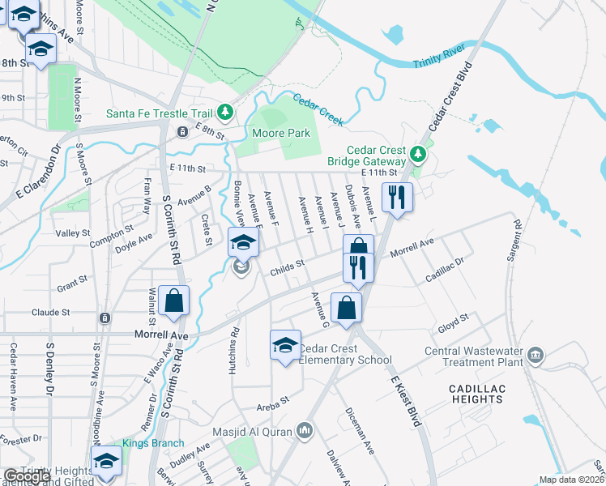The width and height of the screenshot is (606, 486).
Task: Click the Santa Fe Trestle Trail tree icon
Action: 229,113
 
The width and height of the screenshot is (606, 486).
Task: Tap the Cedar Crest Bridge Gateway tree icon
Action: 418,153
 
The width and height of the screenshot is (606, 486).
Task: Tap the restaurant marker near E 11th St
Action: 397,198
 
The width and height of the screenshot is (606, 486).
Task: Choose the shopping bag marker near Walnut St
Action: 174,302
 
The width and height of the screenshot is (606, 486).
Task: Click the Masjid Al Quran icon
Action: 304,430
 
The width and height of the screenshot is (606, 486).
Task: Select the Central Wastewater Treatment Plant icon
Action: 535,355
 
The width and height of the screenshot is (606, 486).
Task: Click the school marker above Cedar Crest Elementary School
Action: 285,345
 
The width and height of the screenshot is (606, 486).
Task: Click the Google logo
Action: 27,477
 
